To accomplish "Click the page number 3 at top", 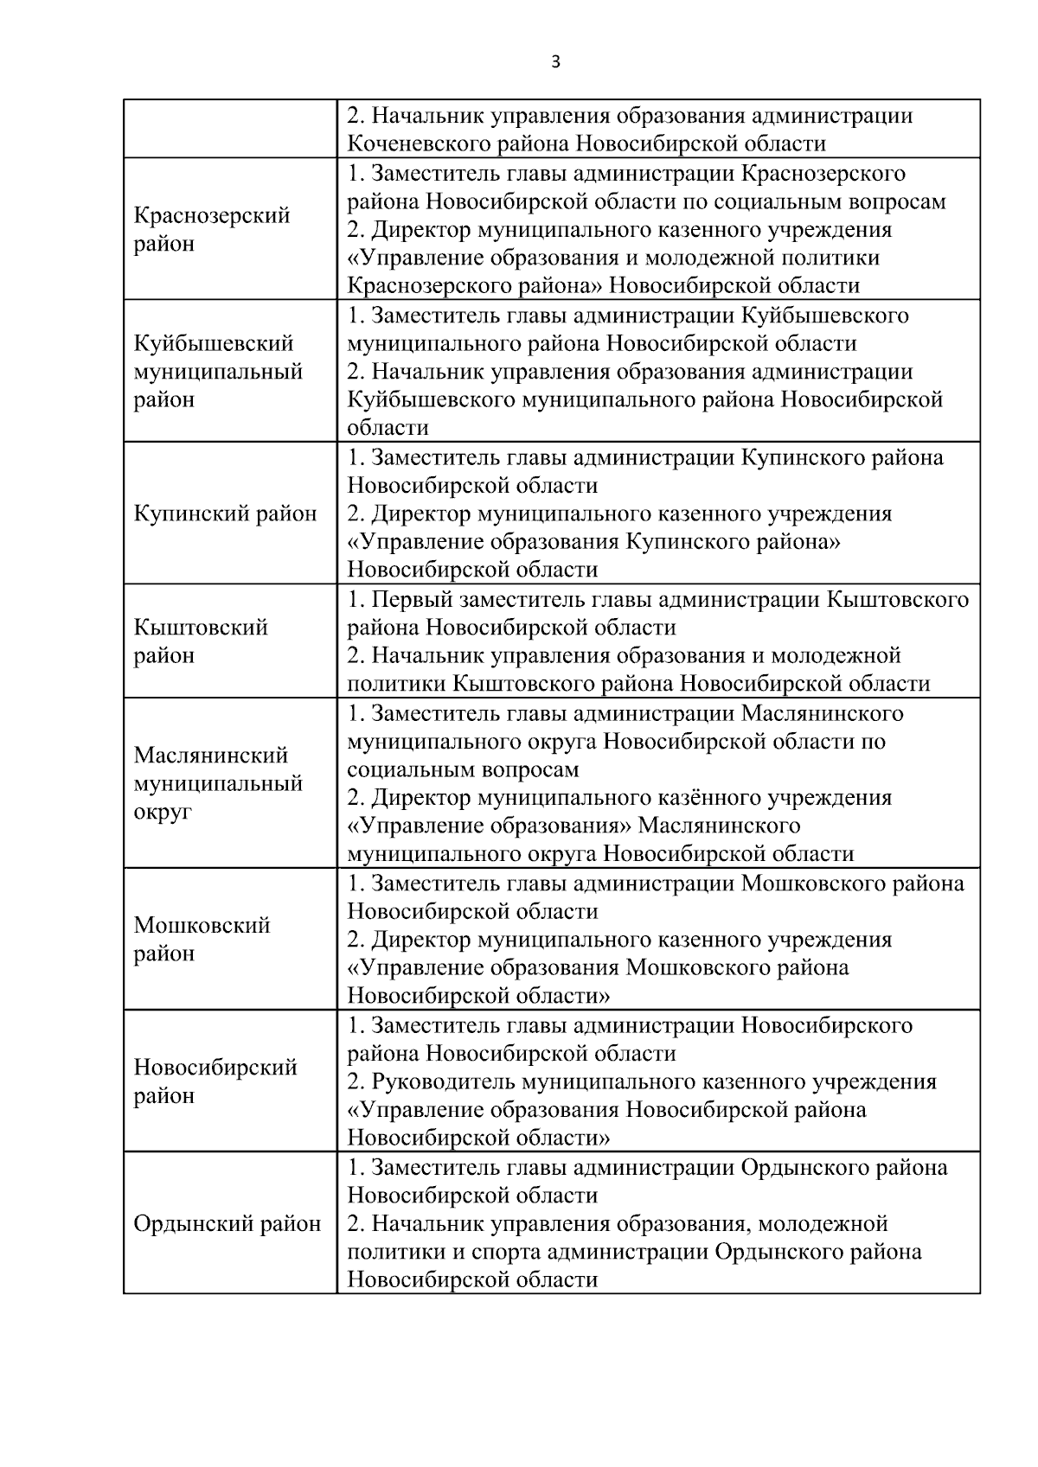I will pyautogui.click(x=555, y=61).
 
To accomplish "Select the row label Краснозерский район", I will pyautogui.click(x=211, y=229).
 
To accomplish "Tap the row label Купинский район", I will pyautogui.click(x=225, y=513).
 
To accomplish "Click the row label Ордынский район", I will pyautogui.click(x=227, y=1224).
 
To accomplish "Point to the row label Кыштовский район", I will pyautogui.click(x=201, y=641).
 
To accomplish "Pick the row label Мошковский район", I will pyautogui.click(x=202, y=939).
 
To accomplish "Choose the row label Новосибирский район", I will pyautogui.click(x=215, y=1081).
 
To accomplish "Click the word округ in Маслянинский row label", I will pyautogui.click(x=163, y=812).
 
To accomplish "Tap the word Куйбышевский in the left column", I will pyautogui.click(x=214, y=343).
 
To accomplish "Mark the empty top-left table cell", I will pyautogui.click(x=229, y=129).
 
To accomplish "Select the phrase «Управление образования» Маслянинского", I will pyautogui.click(x=573, y=826).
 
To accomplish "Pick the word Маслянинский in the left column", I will pyautogui.click(x=210, y=756).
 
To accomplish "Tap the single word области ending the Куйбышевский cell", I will pyautogui.click(x=388, y=428).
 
